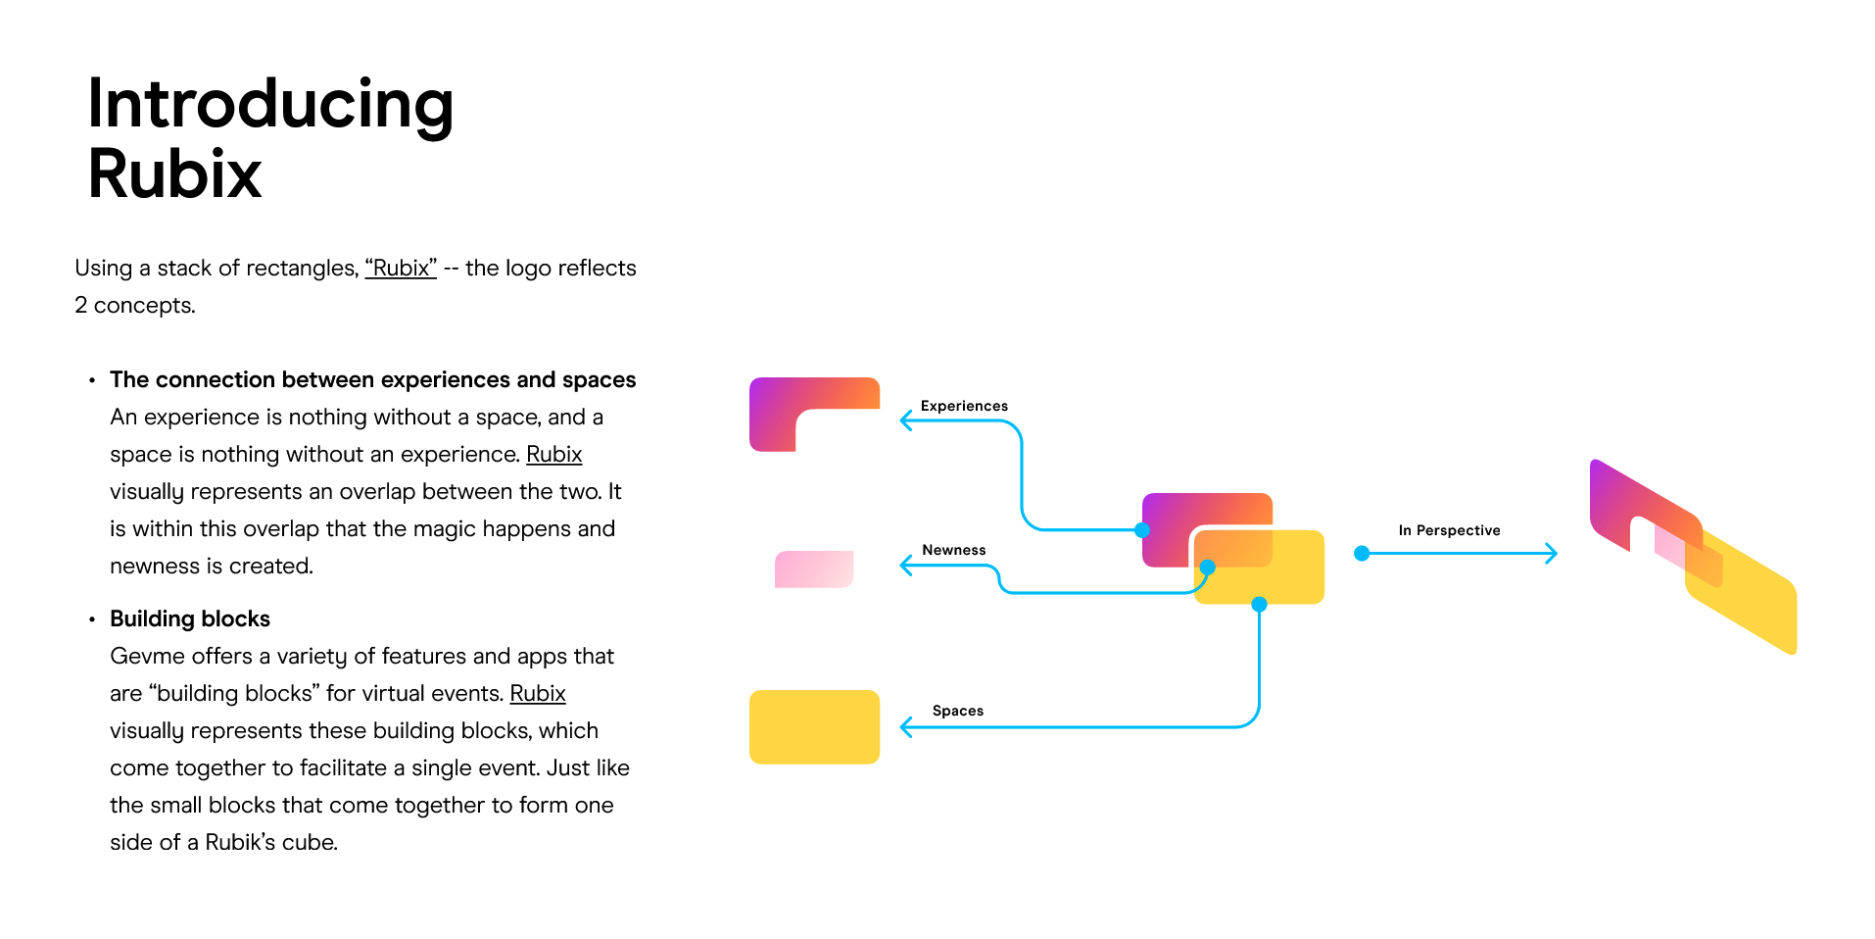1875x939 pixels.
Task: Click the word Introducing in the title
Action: [x=269, y=106]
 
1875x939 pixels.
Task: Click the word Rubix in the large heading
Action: [x=174, y=174]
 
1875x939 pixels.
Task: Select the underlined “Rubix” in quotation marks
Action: [x=401, y=269]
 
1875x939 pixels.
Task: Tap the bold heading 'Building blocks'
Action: [x=190, y=619]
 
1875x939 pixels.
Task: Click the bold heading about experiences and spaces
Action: [x=372, y=380]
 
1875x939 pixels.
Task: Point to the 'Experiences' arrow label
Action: [x=964, y=406]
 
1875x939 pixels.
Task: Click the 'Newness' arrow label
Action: [x=953, y=550]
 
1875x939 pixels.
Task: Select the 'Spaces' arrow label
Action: [x=957, y=711]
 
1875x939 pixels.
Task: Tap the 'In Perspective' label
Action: [x=1449, y=530]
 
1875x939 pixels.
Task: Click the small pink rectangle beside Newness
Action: [x=813, y=568]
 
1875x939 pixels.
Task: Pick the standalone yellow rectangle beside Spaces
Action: [x=814, y=726]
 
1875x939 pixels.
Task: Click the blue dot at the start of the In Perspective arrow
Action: [x=1361, y=554]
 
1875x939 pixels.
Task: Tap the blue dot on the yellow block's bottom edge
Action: [x=1260, y=605]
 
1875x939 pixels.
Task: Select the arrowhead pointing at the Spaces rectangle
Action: [x=906, y=727]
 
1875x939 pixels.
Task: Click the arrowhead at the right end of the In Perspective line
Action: [x=1551, y=554]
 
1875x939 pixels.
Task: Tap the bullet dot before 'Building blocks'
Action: [x=92, y=619]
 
